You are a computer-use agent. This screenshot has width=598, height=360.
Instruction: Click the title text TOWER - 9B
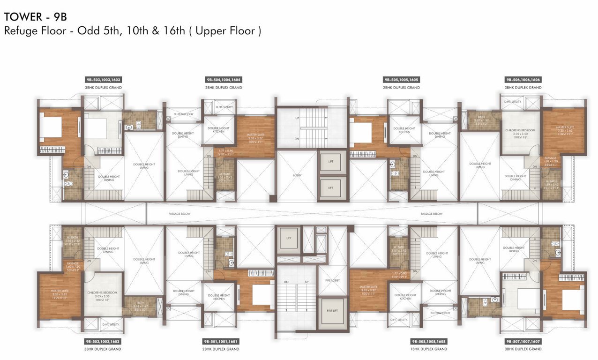pyautogui.click(x=36, y=17)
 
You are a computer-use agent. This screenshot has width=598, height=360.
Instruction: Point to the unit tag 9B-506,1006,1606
pyautogui.click(x=523, y=80)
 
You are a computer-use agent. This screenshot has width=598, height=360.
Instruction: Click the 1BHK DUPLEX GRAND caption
pyautogui.click(x=429, y=349)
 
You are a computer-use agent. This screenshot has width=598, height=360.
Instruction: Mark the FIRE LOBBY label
pyautogui.click(x=332, y=280)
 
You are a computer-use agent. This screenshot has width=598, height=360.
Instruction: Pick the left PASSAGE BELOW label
pyautogui.click(x=179, y=214)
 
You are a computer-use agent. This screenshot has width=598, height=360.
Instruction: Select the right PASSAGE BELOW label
pyautogui.click(x=431, y=214)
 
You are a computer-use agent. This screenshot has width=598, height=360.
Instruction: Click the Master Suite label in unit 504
pyautogui.click(x=255, y=135)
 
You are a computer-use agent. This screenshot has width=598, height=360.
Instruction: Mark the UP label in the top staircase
pyautogui.click(x=297, y=118)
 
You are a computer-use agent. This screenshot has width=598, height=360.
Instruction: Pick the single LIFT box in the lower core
pyautogui.click(x=289, y=239)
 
